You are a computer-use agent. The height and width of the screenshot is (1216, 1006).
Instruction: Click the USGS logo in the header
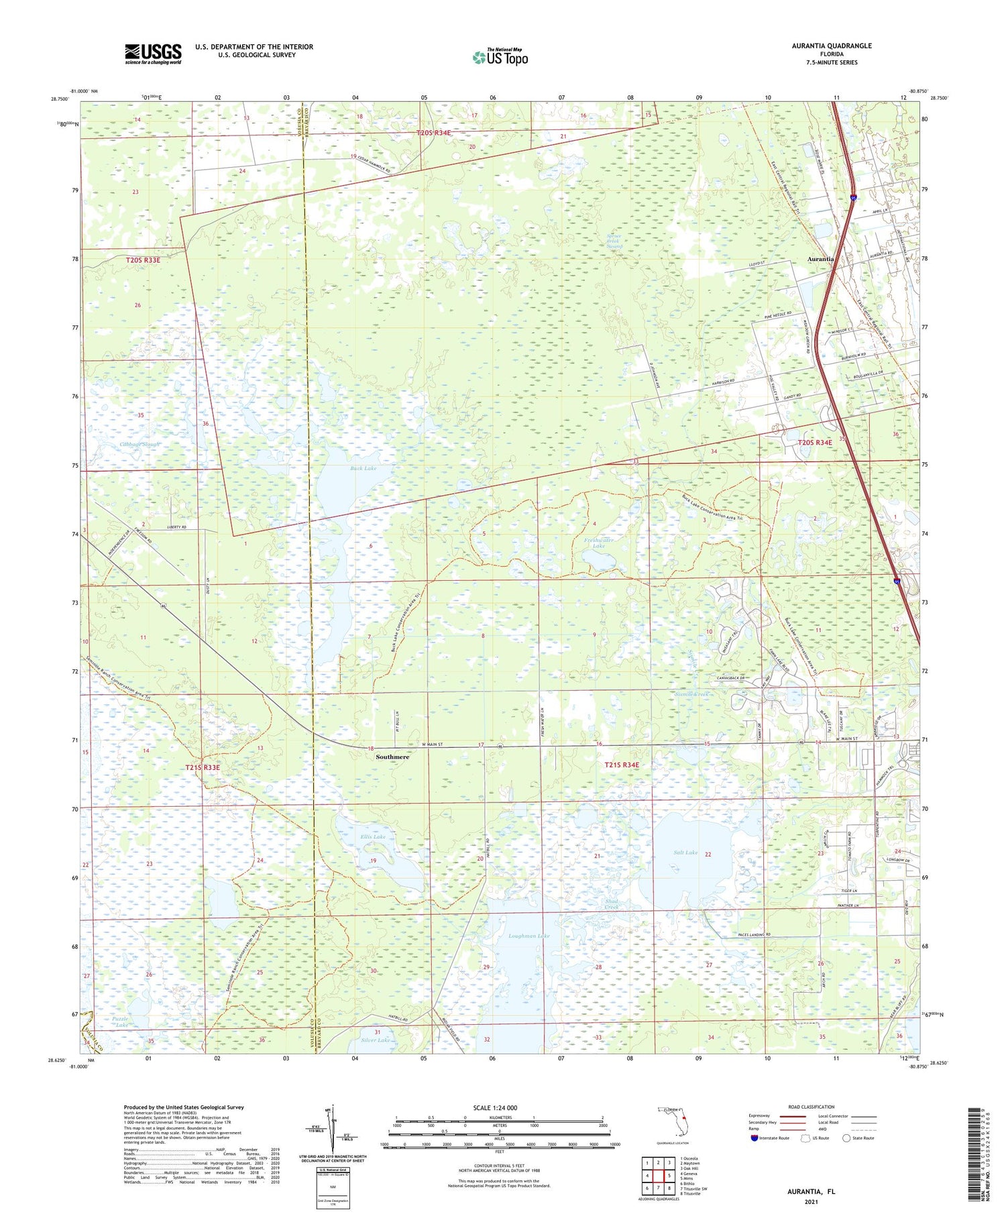coord(153,54)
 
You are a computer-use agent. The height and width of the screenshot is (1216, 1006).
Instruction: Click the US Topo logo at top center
coord(500,57)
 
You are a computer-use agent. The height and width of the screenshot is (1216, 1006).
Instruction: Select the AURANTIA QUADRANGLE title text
coord(832,46)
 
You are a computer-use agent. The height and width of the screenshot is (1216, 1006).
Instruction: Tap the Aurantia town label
coord(821,259)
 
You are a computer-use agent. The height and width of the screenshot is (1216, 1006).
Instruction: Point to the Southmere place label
coord(392,757)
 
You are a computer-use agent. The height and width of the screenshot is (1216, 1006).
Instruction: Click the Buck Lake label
coord(363,468)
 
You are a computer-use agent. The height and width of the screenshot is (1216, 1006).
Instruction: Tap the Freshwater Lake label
coord(599,543)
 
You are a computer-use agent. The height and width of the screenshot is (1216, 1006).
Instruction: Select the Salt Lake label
coord(686,853)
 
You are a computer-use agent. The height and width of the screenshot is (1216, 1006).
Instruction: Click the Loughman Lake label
coord(529,936)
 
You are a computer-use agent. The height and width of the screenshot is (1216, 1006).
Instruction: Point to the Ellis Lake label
coord(372,837)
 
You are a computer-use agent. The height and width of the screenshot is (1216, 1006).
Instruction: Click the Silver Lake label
coord(375,1040)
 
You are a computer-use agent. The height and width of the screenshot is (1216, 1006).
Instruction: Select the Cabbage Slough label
coord(140,445)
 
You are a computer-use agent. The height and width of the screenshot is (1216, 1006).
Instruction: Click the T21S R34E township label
coord(622,765)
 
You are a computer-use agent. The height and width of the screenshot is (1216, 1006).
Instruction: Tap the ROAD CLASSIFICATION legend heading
coord(812,1107)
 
